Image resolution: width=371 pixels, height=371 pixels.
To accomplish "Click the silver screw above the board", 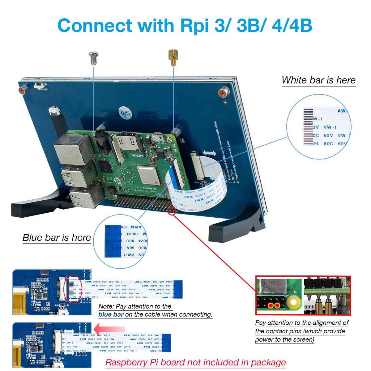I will (93, 58).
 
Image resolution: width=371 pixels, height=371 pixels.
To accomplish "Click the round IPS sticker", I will (125, 113).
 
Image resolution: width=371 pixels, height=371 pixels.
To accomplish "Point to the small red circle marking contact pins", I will (172, 211).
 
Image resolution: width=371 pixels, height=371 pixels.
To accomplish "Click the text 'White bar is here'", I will (318, 80).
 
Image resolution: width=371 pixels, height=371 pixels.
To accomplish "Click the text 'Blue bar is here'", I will (57, 237).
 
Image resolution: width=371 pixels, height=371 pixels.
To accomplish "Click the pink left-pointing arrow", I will (109, 329).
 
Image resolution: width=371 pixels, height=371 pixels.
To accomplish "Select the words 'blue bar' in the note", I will (111, 315).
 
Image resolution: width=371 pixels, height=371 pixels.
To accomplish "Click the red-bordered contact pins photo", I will (303, 295).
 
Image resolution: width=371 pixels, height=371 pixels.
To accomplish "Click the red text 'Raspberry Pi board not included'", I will (195, 362).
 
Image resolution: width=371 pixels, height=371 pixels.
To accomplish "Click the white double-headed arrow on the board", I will (209, 153).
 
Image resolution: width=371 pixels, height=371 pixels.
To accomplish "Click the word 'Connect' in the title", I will (94, 26).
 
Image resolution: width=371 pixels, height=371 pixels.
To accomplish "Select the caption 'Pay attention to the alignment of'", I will (301, 323).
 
